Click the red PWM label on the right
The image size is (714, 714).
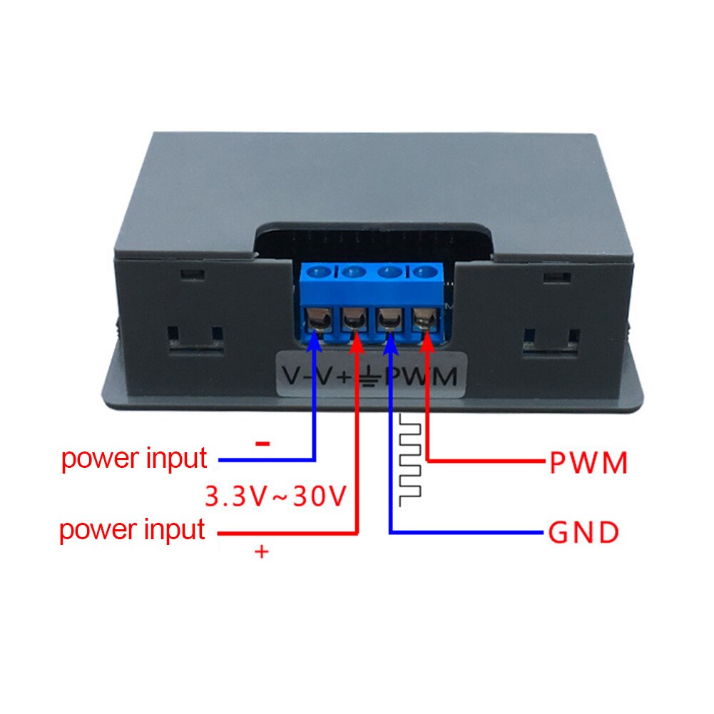(588, 464)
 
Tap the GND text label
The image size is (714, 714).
(583, 533)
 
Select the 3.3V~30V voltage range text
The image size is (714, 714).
(275, 496)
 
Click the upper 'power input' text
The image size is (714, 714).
(134, 458)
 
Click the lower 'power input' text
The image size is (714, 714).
(133, 531)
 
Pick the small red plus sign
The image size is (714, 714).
(262, 551)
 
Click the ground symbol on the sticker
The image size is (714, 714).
(371, 377)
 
